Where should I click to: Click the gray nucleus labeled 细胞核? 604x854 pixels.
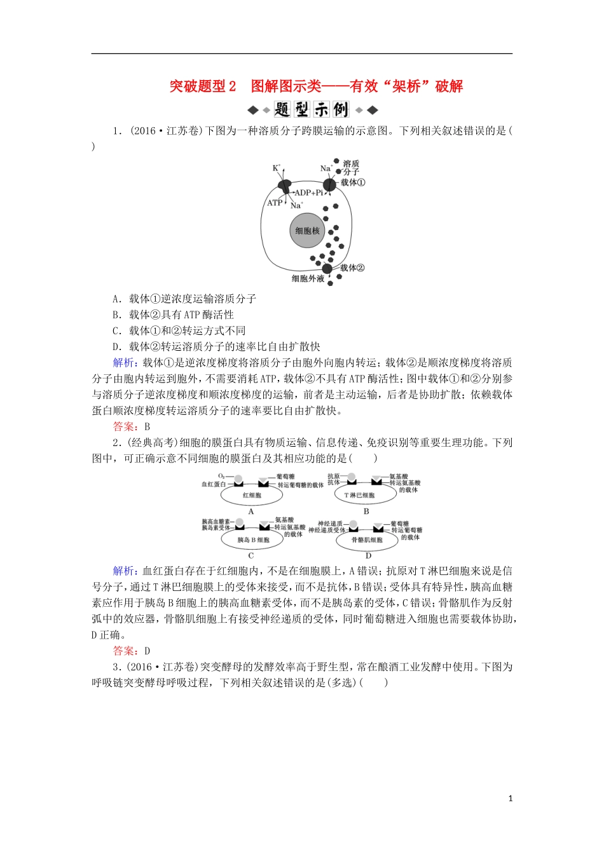tap(307, 231)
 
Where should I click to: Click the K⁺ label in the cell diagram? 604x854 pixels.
tap(277, 168)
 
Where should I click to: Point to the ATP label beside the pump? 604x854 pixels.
tap(275, 203)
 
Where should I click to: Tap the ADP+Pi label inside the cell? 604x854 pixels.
tap(308, 193)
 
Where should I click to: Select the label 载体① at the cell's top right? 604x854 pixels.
tap(353, 182)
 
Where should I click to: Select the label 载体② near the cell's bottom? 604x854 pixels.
tap(352, 268)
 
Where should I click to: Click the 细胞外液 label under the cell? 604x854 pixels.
tap(308, 278)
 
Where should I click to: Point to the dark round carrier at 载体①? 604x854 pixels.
tap(329, 185)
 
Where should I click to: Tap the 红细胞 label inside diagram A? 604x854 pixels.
tap(252, 495)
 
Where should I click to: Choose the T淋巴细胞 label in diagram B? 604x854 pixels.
tap(360, 495)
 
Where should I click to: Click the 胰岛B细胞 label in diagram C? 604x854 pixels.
tap(253, 539)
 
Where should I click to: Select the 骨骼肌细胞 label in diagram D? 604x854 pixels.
tap(367, 539)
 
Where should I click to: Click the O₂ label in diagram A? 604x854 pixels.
tap(221, 476)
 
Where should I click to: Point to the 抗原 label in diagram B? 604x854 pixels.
tap(333, 476)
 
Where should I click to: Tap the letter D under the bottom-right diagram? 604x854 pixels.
tap(368, 555)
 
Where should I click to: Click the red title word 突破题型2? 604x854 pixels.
tap(203, 86)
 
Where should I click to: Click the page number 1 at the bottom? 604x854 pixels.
tap(511, 799)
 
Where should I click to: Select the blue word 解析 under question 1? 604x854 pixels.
tap(123, 363)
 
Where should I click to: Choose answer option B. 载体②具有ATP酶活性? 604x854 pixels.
tap(173, 315)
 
